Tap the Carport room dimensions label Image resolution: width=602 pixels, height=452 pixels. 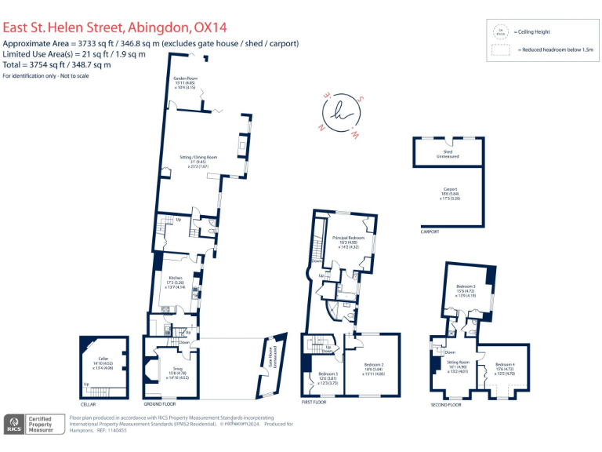coord(449,196)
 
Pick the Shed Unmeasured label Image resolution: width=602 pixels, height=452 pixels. coord(448,154)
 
